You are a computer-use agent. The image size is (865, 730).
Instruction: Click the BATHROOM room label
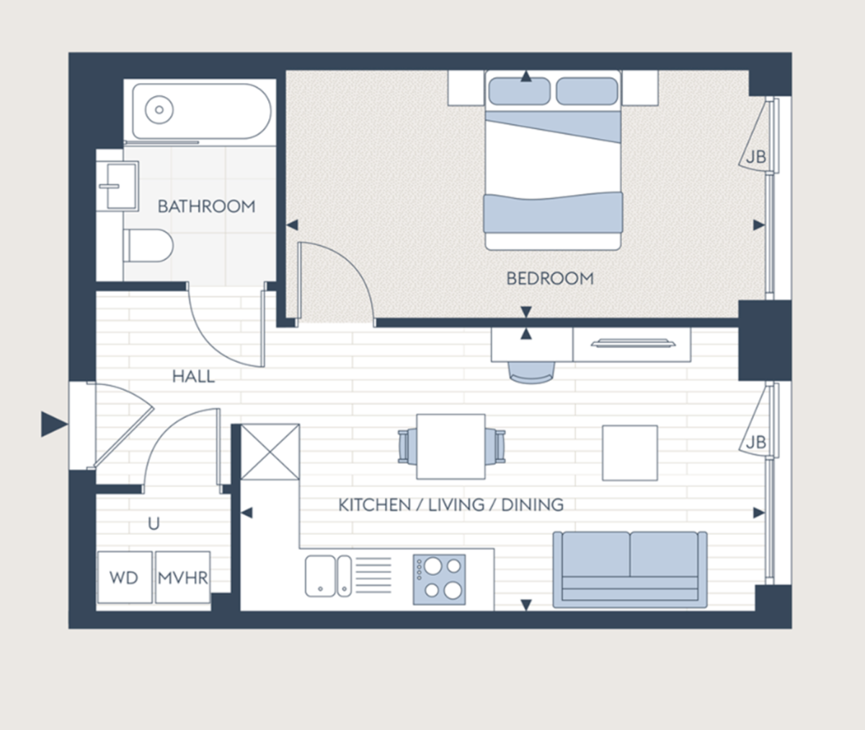click(206, 206)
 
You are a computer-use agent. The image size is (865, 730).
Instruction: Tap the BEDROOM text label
click(549, 278)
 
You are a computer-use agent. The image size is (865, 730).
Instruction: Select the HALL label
click(193, 375)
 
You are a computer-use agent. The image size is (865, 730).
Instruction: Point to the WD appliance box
click(124, 577)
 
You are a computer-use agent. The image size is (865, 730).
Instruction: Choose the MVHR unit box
click(182, 577)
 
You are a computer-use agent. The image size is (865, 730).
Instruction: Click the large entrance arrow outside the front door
click(53, 424)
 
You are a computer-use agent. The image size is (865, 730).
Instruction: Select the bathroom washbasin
click(117, 186)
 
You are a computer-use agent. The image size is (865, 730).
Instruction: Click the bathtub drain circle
click(159, 110)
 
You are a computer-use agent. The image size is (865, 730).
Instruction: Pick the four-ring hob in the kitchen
click(439, 579)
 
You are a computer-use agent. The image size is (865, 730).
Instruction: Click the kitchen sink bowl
click(319, 576)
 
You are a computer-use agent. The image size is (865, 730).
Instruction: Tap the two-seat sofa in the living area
click(629, 568)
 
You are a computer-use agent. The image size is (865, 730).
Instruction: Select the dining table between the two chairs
click(451, 446)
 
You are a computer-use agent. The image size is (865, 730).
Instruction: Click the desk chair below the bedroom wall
click(532, 369)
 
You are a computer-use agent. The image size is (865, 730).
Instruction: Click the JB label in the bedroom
click(755, 156)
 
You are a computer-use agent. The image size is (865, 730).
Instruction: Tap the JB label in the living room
click(755, 442)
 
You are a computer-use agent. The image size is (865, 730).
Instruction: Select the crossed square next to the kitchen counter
click(270, 452)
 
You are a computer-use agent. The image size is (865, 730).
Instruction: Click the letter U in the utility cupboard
click(154, 523)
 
